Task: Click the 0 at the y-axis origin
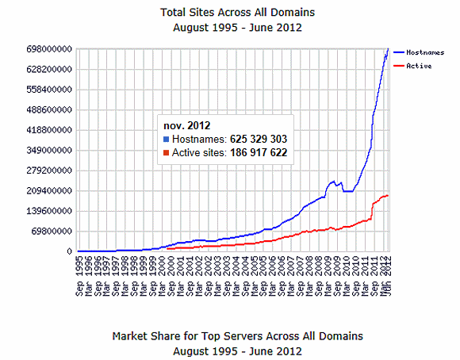point(71,251)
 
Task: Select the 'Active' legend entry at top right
point(419,66)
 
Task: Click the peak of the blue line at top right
point(388,50)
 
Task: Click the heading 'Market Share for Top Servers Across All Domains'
point(238,335)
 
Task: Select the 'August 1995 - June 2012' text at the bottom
point(238,350)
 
